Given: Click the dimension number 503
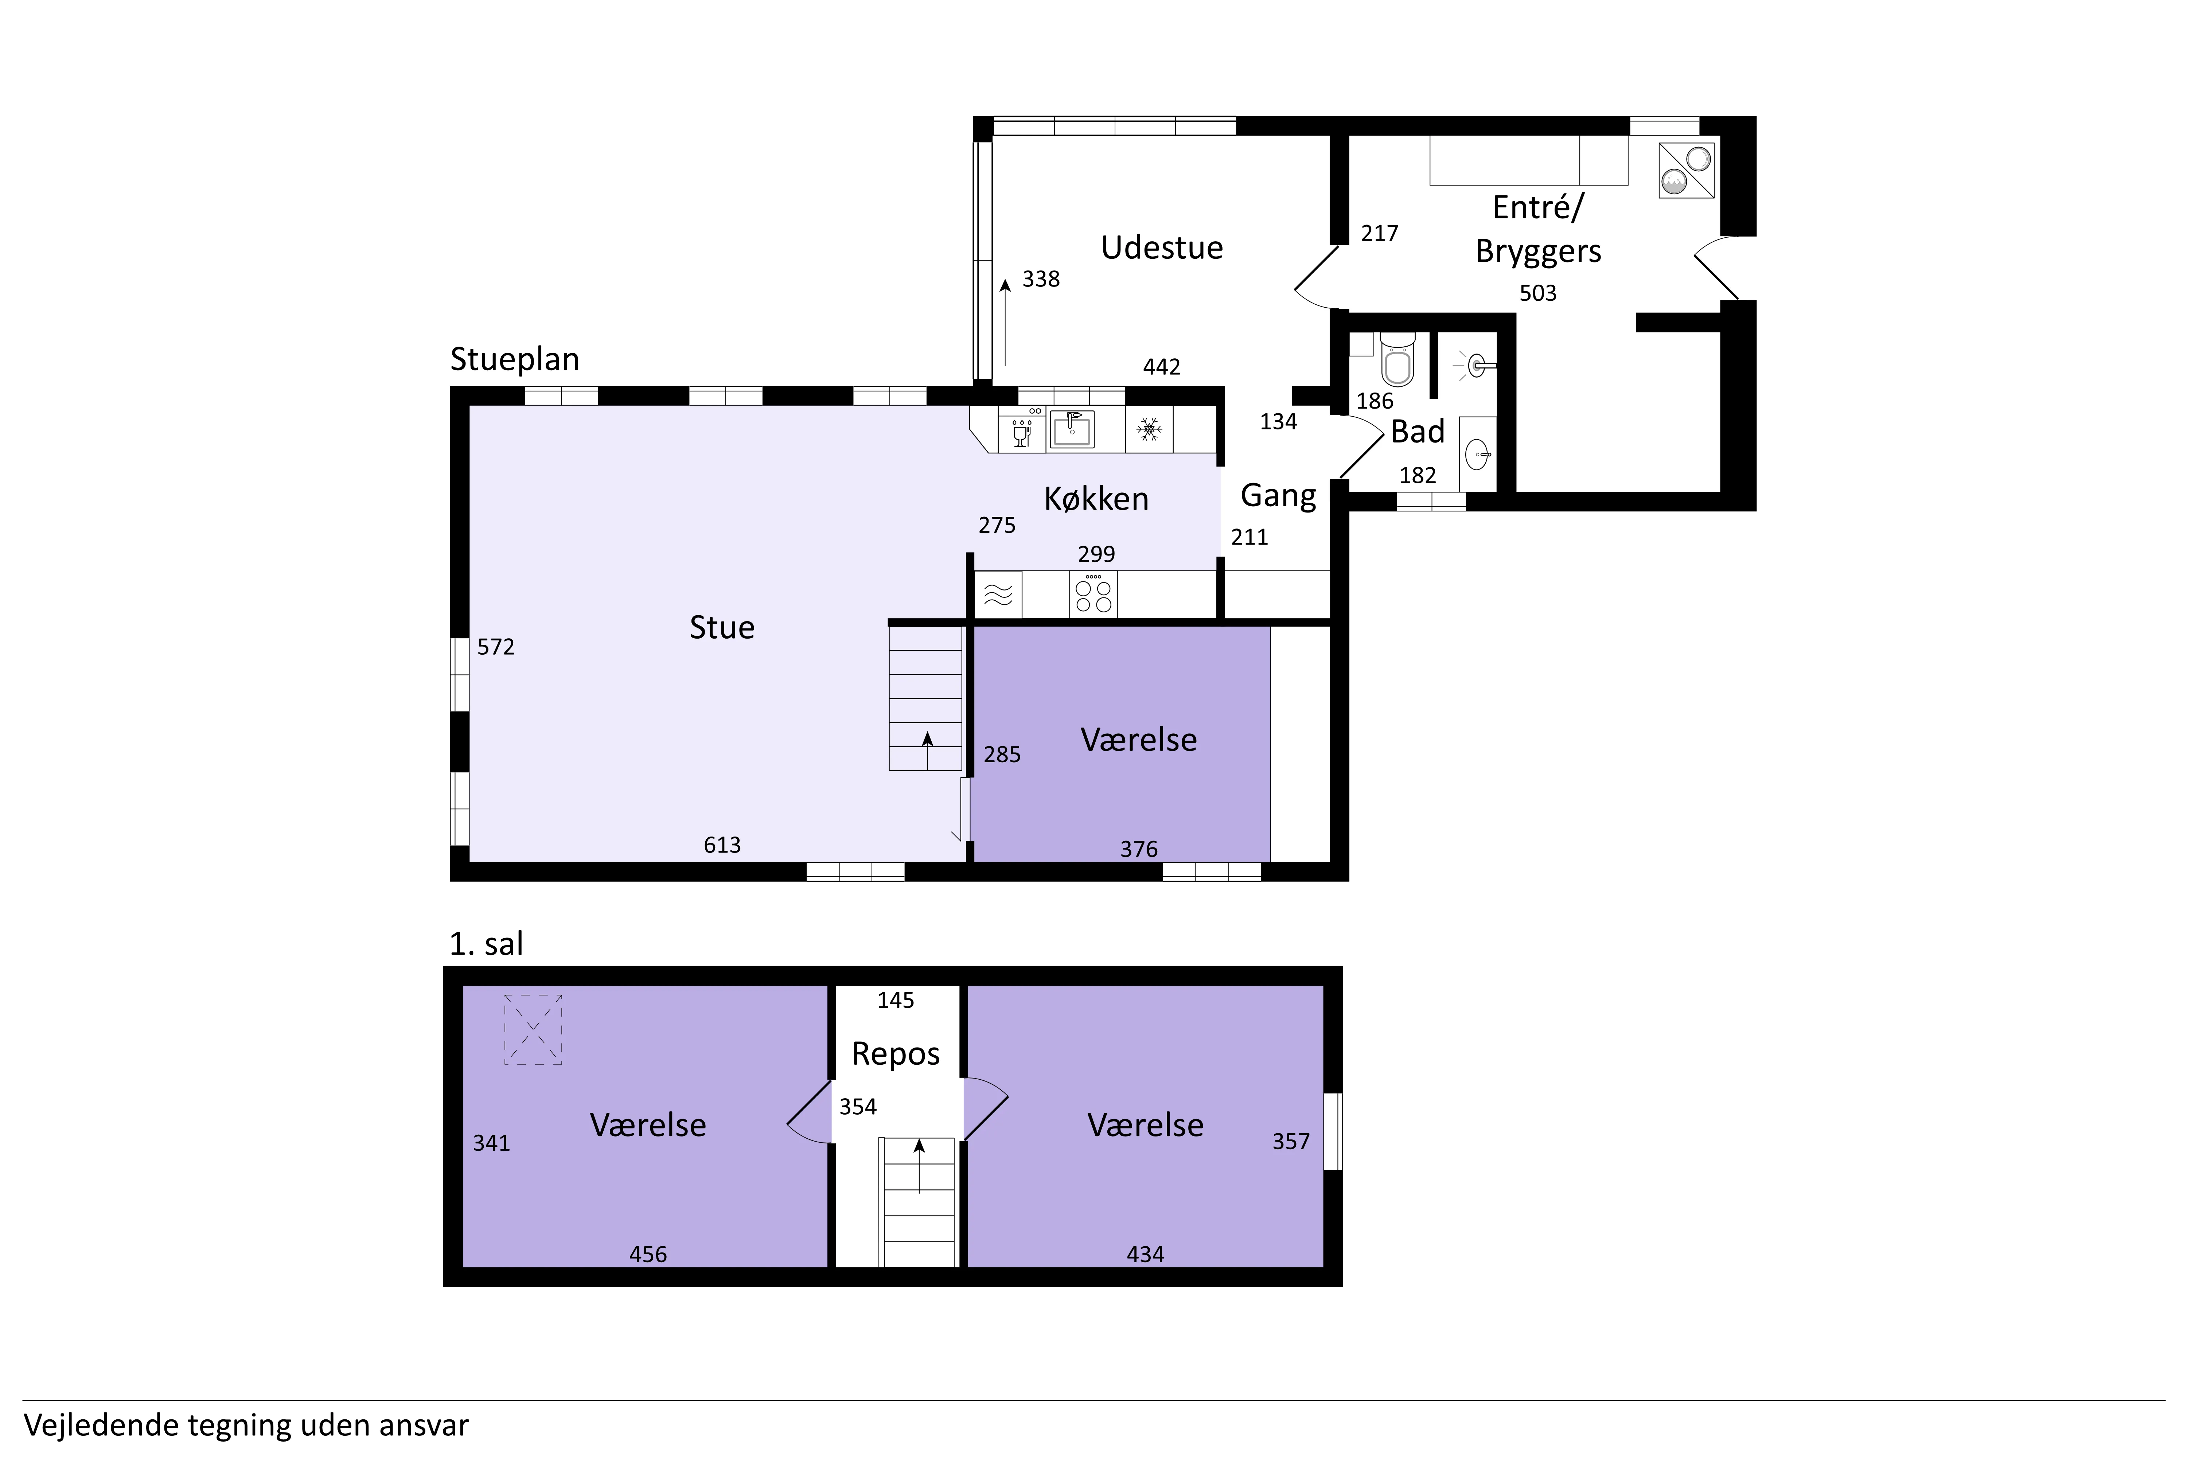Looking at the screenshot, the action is (1538, 293).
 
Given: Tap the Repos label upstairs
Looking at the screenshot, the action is (896, 1053).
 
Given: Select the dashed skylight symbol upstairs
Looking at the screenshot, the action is (533, 1029).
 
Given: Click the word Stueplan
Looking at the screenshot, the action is (515, 359).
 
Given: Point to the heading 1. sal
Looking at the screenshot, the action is (486, 944).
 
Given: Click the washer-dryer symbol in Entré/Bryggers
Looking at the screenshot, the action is (1687, 170).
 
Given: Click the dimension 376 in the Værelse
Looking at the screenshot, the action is (1139, 849).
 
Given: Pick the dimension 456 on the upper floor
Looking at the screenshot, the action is (648, 1254).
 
